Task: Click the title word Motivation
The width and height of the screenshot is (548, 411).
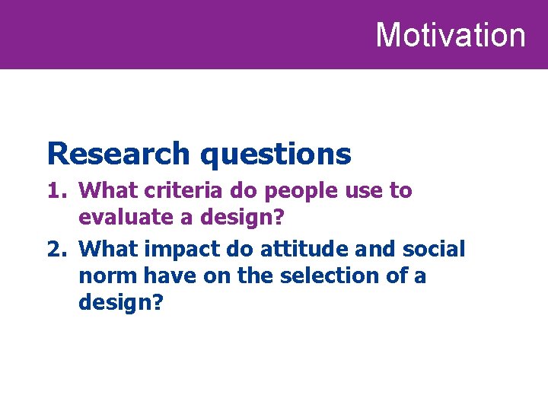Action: click(451, 35)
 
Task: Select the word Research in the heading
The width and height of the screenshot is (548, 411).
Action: click(118, 154)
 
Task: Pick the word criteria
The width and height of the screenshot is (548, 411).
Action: click(175, 190)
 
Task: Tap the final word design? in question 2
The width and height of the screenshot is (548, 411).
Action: click(121, 303)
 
